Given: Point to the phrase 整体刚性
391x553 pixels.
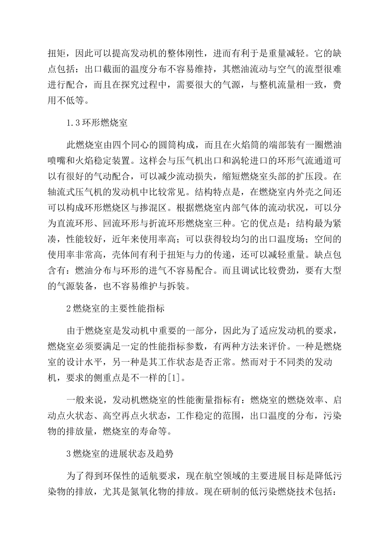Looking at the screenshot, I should click(x=188, y=53).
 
